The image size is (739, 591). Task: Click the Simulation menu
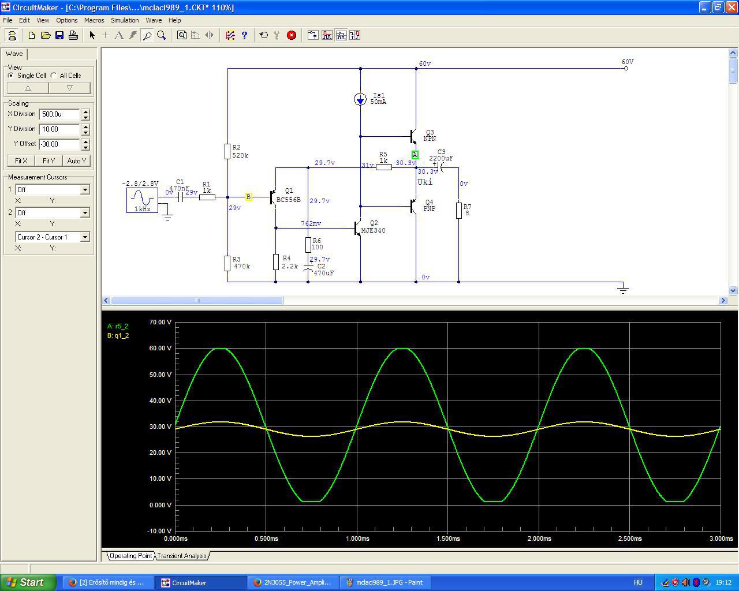point(125,20)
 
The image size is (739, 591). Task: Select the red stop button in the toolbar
point(291,35)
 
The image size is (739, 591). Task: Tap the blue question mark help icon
point(244,35)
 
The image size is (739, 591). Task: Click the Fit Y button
point(48,160)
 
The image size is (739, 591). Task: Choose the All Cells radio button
point(54,76)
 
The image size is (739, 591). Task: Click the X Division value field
point(59,114)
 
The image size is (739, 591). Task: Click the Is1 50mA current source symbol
point(360,99)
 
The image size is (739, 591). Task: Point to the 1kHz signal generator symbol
point(142,200)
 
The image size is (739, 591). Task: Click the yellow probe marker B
point(248,197)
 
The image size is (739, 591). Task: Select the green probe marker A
point(415,155)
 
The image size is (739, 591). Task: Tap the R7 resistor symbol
point(459,211)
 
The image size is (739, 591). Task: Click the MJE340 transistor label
point(374,230)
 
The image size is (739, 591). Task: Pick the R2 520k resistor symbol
point(227,151)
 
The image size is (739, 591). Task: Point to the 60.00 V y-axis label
point(160,348)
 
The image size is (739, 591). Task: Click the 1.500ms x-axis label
point(448,538)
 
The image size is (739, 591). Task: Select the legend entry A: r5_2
point(117,326)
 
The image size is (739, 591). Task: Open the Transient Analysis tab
point(182,556)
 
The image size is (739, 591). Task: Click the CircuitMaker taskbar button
point(201,582)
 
